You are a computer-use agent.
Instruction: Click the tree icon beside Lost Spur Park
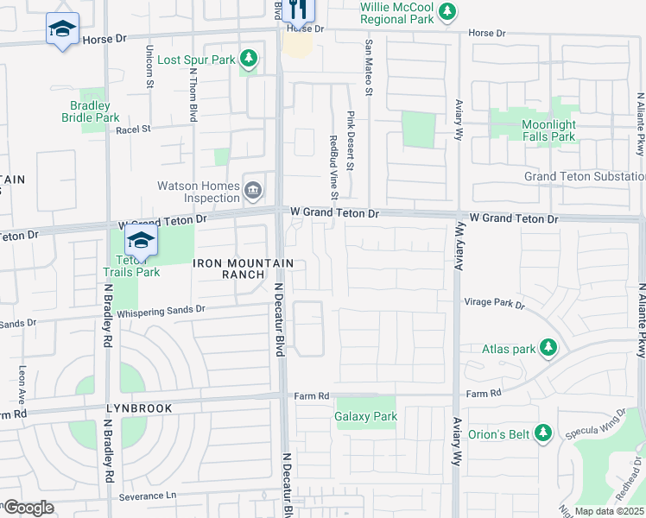pyautogui.click(x=249, y=59)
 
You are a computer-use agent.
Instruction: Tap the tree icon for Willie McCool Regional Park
pyautogui.click(x=446, y=11)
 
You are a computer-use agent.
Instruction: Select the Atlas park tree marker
pyautogui.click(x=548, y=348)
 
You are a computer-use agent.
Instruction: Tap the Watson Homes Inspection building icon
pyautogui.click(x=253, y=191)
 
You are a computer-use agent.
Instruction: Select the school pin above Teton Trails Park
pyautogui.click(x=141, y=241)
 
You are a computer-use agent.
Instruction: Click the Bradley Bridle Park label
pyautogui.click(x=107, y=111)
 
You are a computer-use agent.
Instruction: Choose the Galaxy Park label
pyautogui.click(x=365, y=416)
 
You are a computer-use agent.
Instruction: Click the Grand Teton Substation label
pyautogui.click(x=584, y=176)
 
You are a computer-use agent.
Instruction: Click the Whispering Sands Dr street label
pyautogui.click(x=161, y=310)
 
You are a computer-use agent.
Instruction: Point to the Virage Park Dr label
pyautogui.click(x=494, y=304)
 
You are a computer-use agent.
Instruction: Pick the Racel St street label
pyautogui.click(x=133, y=129)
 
